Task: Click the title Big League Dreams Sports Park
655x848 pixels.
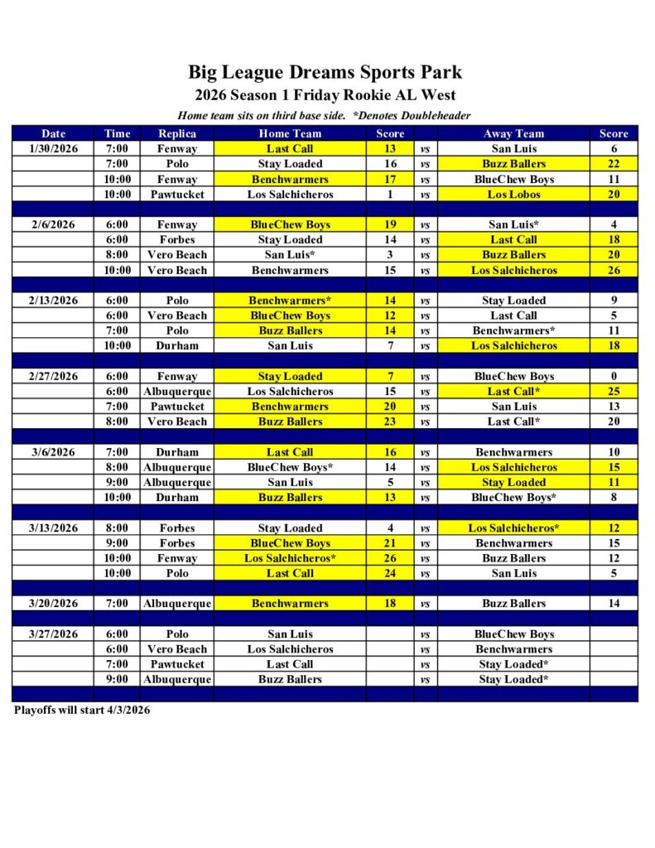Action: coord(325,72)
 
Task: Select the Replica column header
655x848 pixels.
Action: coord(177,133)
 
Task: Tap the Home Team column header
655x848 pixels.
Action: coord(290,133)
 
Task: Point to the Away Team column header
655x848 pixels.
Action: coord(513,133)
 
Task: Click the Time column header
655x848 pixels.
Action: coord(117,133)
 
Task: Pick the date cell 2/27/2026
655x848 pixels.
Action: coord(53,376)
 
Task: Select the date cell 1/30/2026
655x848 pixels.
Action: coord(53,149)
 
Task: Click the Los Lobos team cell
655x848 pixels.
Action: coord(513,195)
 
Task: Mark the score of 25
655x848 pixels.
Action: coord(614,391)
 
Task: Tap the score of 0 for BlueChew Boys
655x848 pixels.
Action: coord(614,376)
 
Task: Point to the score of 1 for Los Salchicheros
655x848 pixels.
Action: coord(390,195)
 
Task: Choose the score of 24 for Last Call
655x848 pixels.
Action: coord(390,573)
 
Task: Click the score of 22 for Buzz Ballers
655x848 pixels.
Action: coord(614,164)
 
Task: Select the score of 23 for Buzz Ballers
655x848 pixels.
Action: coord(390,422)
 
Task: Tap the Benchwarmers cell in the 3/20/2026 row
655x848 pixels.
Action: coord(290,604)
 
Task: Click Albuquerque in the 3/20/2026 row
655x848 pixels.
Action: coord(177,604)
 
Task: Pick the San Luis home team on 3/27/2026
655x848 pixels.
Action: coord(290,634)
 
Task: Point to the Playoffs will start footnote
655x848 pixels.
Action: coord(82,710)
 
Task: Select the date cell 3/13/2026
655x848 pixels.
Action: coord(53,528)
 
